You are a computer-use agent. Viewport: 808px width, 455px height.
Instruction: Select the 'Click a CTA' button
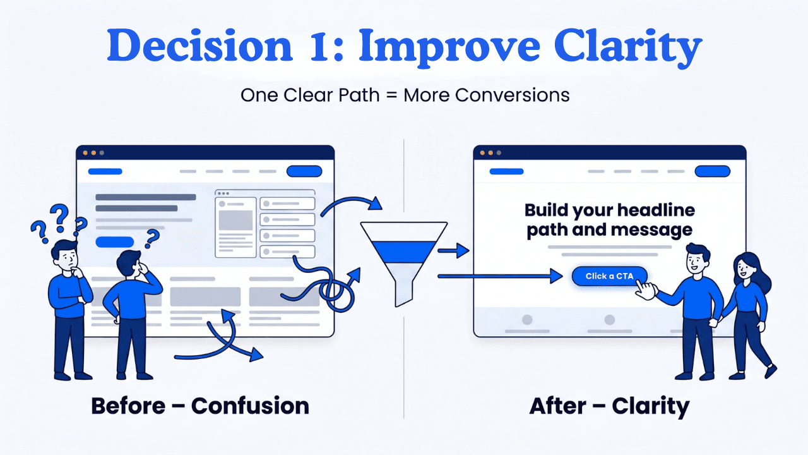pyautogui.click(x=609, y=276)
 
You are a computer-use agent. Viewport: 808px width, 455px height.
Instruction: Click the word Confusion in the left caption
pyautogui.click(x=250, y=405)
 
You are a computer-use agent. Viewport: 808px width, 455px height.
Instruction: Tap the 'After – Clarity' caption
pyautogui.click(x=609, y=405)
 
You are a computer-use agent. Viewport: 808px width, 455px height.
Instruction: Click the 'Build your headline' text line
pyautogui.click(x=609, y=210)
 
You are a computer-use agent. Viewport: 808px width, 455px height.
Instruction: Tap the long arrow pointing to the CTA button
pyautogui.click(x=499, y=276)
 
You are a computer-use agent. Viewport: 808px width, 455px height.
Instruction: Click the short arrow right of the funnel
pyautogui.click(x=454, y=252)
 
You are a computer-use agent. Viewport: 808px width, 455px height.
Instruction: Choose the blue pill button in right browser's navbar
pyautogui.click(x=712, y=171)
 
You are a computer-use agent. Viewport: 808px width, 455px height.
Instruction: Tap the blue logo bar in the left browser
pyautogui.click(x=105, y=171)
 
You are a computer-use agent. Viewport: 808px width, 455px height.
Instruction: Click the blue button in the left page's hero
pyautogui.click(x=114, y=242)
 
